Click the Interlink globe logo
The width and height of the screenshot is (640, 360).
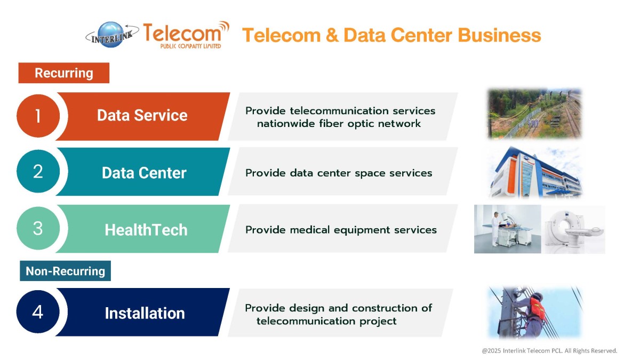[112, 35]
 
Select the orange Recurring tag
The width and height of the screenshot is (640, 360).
[63, 73]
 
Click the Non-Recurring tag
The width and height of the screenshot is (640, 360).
[65, 271]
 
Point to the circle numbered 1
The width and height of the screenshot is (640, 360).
[38, 116]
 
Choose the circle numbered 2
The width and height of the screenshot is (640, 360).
[38, 171]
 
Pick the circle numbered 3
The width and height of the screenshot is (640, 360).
[38, 228]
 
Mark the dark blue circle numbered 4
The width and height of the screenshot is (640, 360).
[38, 311]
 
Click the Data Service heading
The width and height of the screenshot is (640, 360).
[142, 115]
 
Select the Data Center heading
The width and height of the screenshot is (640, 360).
[144, 173]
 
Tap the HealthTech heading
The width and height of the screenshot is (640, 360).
[146, 230]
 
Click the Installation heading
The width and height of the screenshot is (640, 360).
[145, 313]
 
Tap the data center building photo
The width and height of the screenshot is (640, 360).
[535, 172]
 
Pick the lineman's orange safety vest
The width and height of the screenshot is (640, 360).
[538, 309]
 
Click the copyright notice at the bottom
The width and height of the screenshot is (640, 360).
[549, 350]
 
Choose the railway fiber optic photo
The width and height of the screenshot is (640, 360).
[534, 114]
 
